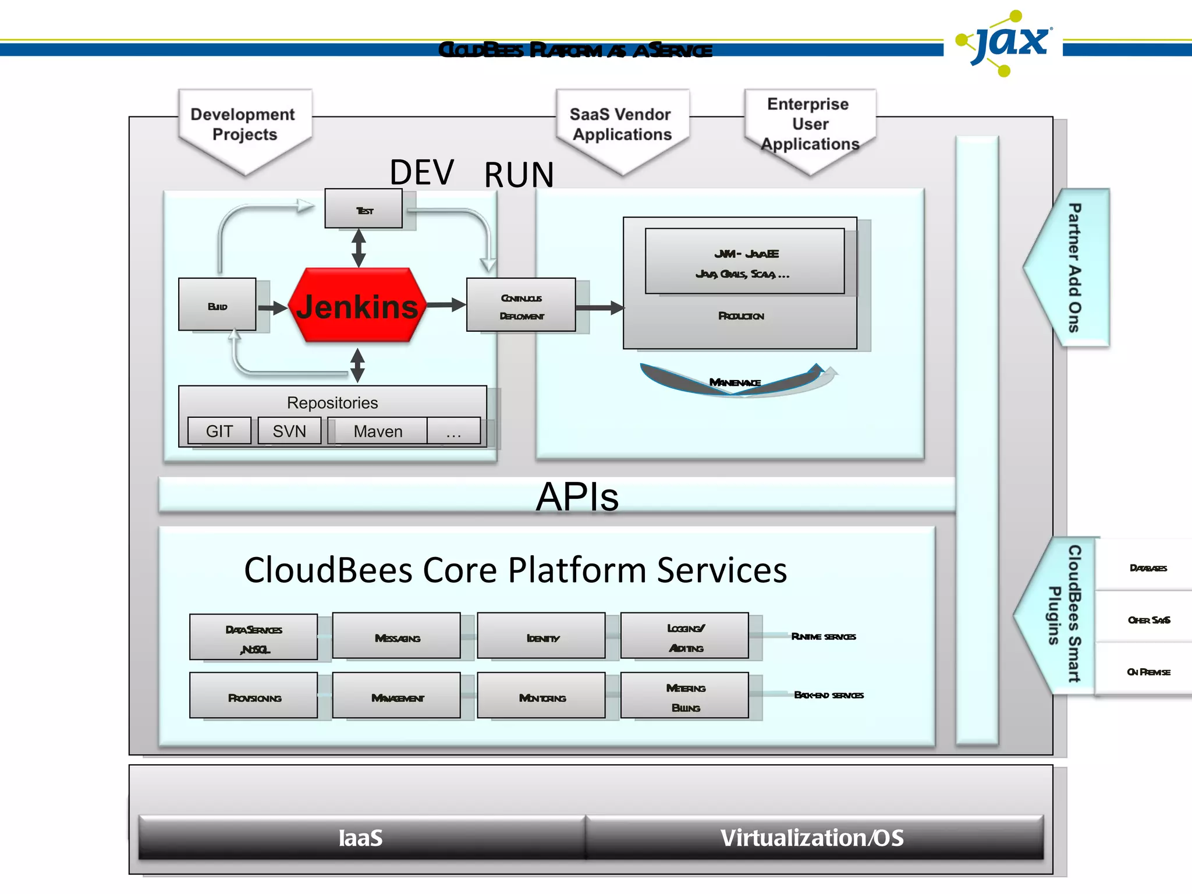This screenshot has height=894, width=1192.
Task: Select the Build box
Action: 217,304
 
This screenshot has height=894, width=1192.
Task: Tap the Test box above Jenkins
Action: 364,208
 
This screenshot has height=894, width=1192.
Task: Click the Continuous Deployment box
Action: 521,305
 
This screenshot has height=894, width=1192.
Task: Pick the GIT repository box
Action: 219,431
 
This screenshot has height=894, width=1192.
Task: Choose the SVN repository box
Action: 289,431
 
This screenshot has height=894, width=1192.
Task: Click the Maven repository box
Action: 378,431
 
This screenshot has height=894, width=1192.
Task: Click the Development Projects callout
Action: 244,126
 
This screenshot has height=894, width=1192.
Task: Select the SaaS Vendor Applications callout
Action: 622,126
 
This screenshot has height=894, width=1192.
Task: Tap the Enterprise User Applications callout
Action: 810,125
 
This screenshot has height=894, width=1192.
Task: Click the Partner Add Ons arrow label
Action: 1074,268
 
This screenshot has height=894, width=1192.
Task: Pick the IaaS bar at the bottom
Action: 361,838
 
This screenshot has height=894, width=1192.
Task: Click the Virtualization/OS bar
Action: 813,838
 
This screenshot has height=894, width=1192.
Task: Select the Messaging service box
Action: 397,636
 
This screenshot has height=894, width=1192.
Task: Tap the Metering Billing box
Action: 685,696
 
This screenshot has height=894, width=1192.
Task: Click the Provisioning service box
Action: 254,696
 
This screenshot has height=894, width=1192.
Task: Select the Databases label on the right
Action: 1148,567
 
